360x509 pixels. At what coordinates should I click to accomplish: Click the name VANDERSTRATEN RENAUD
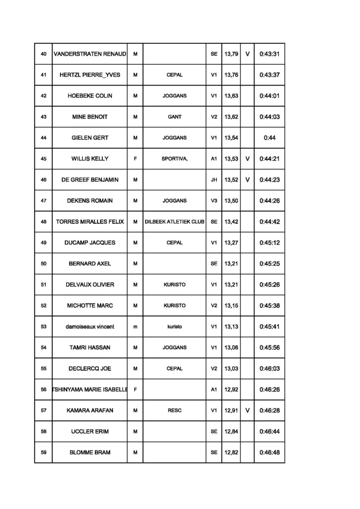coord(90,54)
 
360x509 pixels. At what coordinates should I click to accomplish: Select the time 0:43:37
coord(270,75)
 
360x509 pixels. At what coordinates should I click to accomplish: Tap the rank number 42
coord(43,96)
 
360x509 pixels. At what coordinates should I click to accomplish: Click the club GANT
coord(175,117)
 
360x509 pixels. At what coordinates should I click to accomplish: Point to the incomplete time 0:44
coord(270,138)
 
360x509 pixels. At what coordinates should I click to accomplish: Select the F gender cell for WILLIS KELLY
coord(135,159)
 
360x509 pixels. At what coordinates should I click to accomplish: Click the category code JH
coord(214,180)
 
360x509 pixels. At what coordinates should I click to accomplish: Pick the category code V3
coord(214,201)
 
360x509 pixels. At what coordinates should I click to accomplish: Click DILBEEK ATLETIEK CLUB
coord(175,222)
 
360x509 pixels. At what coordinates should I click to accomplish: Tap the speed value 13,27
coord(231,243)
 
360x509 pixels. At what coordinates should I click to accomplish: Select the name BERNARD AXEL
coord(90,264)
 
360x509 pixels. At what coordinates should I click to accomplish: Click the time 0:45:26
coord(270,285)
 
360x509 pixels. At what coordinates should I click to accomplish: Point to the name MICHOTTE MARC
coord(90,306)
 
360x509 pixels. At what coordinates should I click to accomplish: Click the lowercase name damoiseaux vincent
coord(90,327)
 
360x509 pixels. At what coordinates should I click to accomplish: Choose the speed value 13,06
coord(231,348)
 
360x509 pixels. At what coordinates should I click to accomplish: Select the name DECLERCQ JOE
coord(90,369)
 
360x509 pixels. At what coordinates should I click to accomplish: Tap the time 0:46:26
coord(270,390)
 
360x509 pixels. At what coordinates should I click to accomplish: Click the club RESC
coord(175,411)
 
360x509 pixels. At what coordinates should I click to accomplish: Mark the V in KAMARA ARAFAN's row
coord(247,411)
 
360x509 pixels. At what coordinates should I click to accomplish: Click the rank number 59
coord(43,453)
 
